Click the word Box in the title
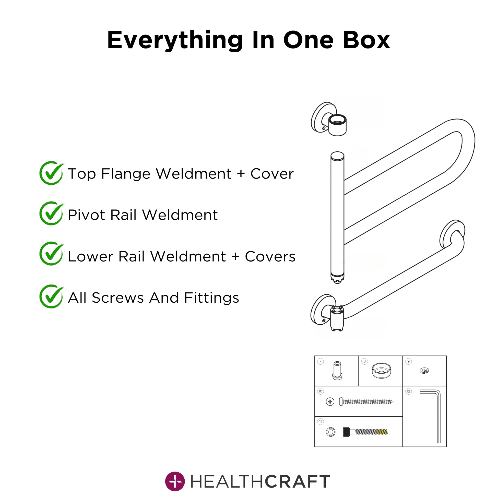pos(366,40)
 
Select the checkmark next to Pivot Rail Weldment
pos(52,213)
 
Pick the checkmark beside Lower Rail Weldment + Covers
pos(52,253)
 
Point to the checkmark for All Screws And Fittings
pos(52,296)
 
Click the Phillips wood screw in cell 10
pos(366,401)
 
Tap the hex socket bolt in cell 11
pos(365,432)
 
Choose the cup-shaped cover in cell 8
pos(381,371)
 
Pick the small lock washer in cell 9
pos(424,371)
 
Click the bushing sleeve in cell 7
pos(337,371)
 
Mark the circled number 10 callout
pos(320,391)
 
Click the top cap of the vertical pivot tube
pos(337,156)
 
